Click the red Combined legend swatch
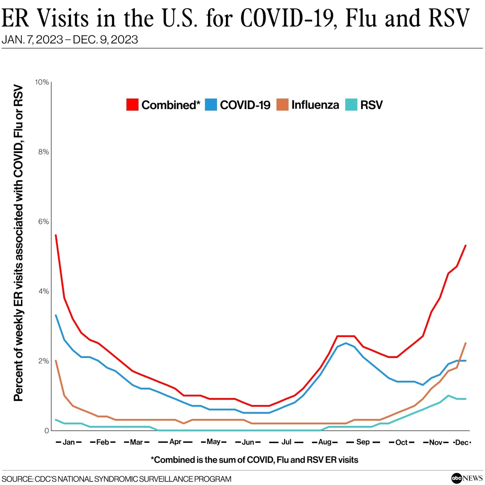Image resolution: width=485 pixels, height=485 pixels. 132,105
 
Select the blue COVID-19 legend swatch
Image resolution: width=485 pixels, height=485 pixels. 211,105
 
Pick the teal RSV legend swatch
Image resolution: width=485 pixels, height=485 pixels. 351,105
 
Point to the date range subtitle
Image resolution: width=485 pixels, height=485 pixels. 70,40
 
